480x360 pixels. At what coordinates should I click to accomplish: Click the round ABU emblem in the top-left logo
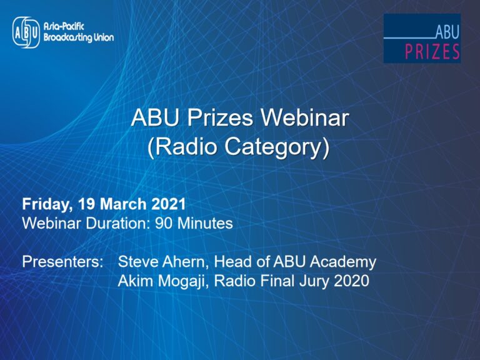26,32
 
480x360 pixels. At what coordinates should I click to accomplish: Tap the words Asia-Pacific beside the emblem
64,27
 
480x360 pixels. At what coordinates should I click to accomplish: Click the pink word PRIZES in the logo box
432,51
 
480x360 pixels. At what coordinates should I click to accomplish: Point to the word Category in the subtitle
273,148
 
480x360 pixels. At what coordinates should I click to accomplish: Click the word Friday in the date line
46,204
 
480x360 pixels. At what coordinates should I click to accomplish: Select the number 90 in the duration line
164,223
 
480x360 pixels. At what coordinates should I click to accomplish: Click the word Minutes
205,223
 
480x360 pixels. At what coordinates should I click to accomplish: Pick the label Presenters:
62,262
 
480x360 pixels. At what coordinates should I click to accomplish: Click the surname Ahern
186,262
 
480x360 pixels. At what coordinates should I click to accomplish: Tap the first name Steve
137,262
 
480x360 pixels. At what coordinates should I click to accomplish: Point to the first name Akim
135,281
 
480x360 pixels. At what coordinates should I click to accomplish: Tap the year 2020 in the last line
351,281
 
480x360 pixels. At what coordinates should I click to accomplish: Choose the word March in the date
123,204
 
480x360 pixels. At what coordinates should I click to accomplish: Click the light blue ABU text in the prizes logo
447,32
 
